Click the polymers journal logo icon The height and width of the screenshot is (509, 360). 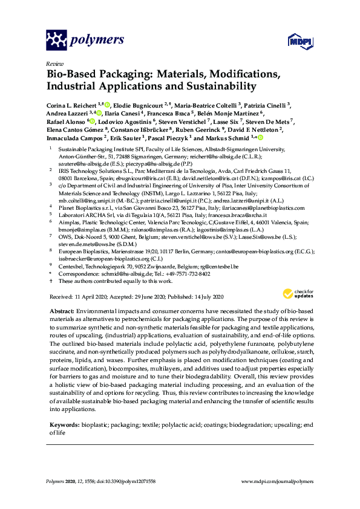pyautogui.click(x=57, y=40)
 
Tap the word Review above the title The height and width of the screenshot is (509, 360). pyautogui.click(x=54, y=63)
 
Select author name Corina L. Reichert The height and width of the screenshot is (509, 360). pyautogui.click(x=71, y=105)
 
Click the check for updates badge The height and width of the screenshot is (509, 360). pyautogui.click(x=297, y=294)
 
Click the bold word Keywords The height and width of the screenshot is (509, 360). pyautogui.click(x=63, y=426)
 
